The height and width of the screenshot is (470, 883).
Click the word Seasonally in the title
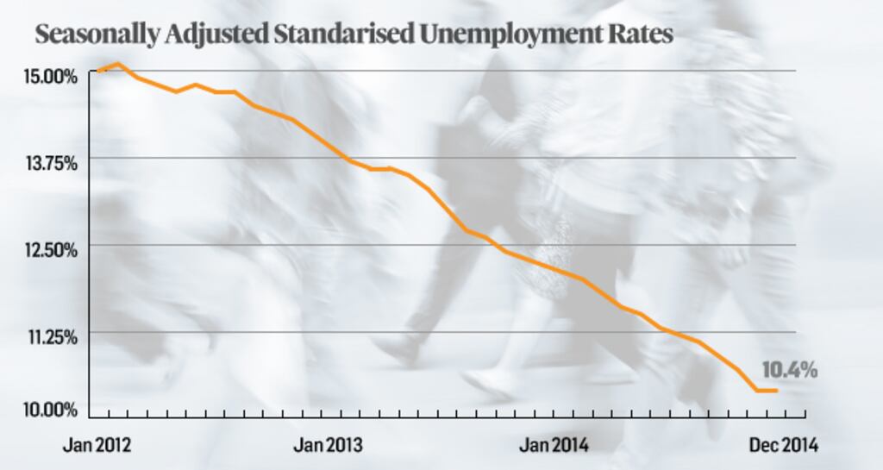(96, 35)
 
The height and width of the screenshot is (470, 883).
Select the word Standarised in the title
(340, 35)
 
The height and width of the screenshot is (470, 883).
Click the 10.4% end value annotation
(789, 370)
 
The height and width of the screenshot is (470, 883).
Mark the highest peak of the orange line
(118, 64)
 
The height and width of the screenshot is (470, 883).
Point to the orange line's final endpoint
(777, 391)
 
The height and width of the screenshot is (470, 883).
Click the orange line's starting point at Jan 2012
(98, 71)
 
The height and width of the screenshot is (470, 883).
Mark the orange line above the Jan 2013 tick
(328, 147)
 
